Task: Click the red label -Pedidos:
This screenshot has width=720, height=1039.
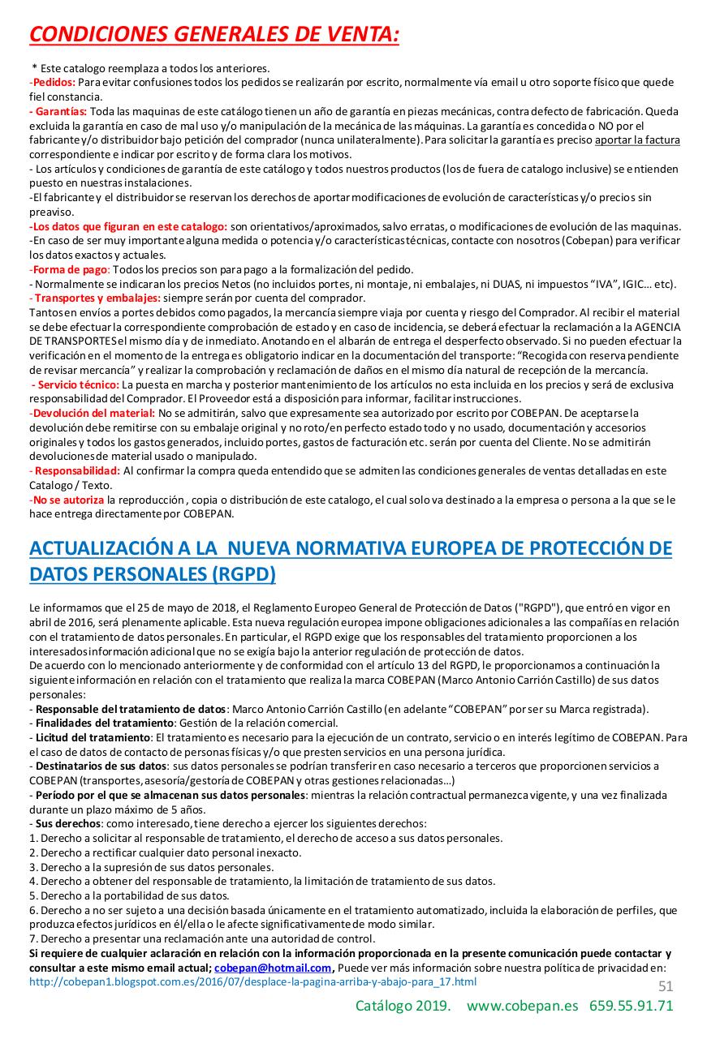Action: click(x=53, y=82)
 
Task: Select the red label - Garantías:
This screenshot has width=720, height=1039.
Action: click(x=58, y=110)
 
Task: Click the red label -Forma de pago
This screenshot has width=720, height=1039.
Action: click(x=69, y=269)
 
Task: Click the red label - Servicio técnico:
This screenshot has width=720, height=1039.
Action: click(x=75, y=384)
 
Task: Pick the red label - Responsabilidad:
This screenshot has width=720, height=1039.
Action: click(x=74, y=470)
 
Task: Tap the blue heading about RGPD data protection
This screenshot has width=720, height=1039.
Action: click(x=351, y=560)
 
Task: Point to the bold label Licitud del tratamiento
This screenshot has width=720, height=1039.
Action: click(x=93, y=737)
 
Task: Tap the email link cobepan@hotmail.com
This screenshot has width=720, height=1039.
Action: click(x=273, y=968)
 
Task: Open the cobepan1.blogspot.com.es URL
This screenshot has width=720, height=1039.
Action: click(x=252, y=981)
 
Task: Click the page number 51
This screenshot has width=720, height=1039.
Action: click(x=665, y=985)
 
